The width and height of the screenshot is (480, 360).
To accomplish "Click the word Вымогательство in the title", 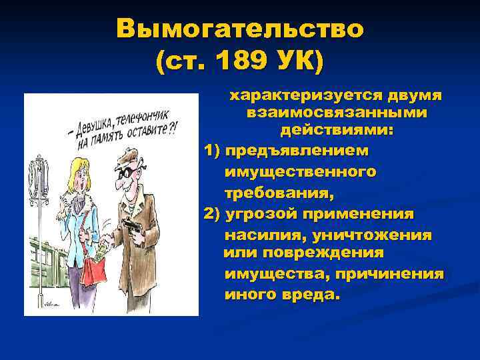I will coord(240,30).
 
